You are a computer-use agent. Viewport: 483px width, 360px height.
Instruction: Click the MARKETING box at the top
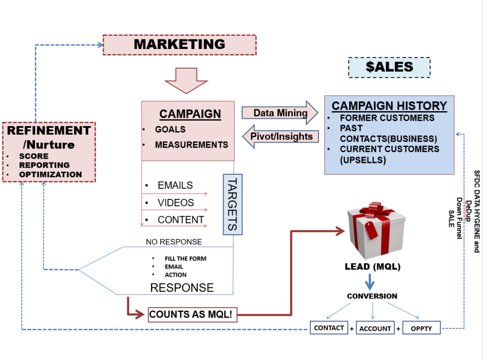point(179,45)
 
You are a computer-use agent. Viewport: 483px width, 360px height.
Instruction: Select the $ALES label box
point(389,67)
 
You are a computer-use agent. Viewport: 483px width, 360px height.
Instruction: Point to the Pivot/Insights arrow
point(280,137)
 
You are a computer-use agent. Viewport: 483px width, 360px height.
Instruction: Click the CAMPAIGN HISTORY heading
point(389,106)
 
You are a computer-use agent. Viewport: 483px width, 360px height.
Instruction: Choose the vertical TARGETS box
point(233,204)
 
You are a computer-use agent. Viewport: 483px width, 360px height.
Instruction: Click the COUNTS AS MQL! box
point(192,315)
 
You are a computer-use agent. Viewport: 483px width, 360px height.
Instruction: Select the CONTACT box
point(329,327)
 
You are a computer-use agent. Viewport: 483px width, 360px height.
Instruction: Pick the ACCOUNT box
point(375,328)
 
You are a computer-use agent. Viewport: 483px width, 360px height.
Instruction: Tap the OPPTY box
point(421,328)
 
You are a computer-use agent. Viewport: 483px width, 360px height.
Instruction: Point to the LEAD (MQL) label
point(373,267)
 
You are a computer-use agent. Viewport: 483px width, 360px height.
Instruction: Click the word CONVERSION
point(372,296)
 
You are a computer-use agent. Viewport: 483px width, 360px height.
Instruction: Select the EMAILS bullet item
point(175,185)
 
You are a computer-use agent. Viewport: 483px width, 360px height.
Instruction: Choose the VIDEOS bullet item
point(175,203)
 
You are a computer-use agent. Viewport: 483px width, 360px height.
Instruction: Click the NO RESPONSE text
point(174,242)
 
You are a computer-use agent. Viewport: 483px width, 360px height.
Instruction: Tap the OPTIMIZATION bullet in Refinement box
point(50,174)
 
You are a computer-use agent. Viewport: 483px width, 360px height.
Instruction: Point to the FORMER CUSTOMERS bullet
point(387,118)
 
